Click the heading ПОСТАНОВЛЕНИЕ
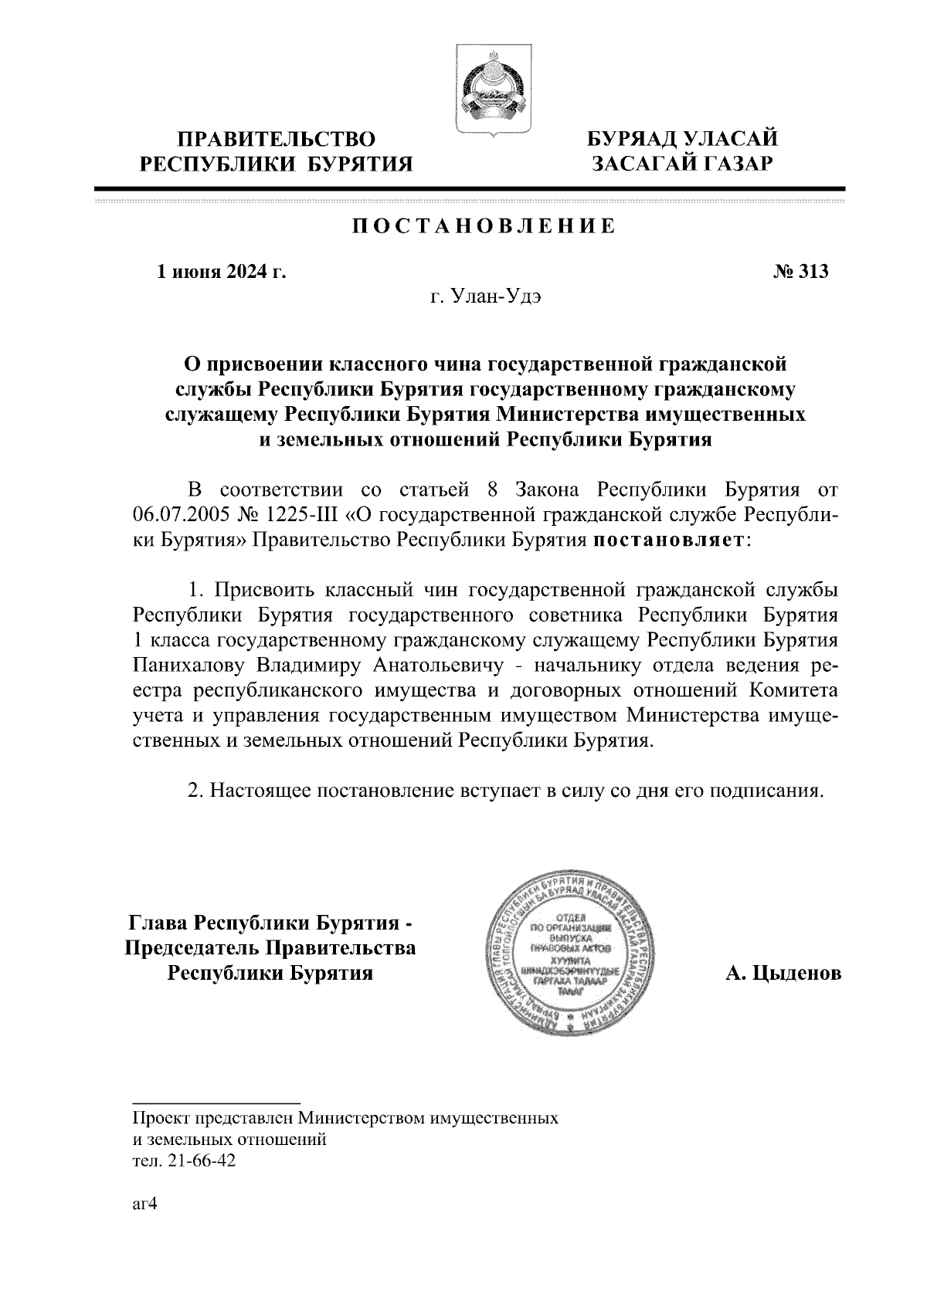(x=484, y=226)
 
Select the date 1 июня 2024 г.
(x=222, y=272)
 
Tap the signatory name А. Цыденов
(x=783, y=974)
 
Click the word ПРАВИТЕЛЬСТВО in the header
(x=277, y=139)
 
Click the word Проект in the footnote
(x=160, y=1117)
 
